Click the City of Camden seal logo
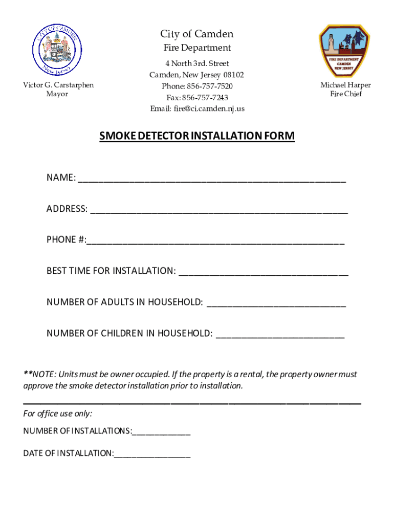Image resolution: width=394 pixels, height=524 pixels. tap(56, 50)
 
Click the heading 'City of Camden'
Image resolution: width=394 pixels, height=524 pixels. tap(196, 34)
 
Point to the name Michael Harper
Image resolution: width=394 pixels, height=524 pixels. tap(345, 85)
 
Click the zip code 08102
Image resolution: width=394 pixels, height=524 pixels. tap(233, 75)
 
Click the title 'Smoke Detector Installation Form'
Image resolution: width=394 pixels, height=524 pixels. tap(196, 136)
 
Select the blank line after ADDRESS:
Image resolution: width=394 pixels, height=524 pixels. tap(219, 210)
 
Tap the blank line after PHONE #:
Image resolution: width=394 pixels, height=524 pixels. tap(215, 241)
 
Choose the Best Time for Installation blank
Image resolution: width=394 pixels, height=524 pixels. tap(264, 272)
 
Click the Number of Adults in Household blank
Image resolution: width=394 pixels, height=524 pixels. tap(276, 303)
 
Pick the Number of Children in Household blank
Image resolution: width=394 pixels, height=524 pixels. tap(280, 335)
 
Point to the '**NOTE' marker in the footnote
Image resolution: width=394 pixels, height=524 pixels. tap(34, 375)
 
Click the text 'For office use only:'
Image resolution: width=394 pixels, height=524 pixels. tap(58, 413)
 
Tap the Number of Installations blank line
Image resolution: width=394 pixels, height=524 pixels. tap(161, 432)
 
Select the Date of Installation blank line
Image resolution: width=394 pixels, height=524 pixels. tap(152, 454)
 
